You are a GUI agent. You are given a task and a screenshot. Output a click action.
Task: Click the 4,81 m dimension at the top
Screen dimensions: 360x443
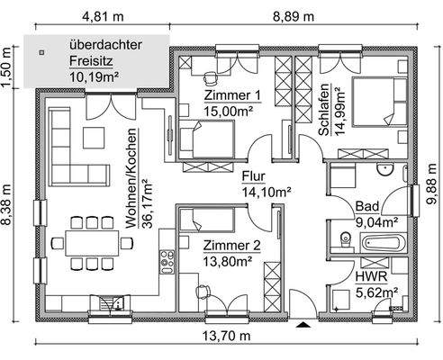(x=104, y=17)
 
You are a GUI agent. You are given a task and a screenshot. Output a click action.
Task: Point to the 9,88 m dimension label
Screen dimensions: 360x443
(x=433, y=191)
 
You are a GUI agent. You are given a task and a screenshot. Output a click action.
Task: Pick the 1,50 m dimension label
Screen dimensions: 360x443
(x=8, y=67)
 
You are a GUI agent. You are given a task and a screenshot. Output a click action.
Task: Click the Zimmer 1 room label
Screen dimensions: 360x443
(x=232, y=95)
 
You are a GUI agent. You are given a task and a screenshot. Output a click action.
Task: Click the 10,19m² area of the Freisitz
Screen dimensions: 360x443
(x=95, y=76)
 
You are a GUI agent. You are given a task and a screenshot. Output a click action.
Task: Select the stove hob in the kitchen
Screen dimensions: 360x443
(x=167, y=260)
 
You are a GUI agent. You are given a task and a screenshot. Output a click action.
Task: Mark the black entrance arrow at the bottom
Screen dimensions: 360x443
(x=304, y=323)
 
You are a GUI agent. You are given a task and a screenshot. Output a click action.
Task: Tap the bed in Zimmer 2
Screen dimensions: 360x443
(x=208, y=219)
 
